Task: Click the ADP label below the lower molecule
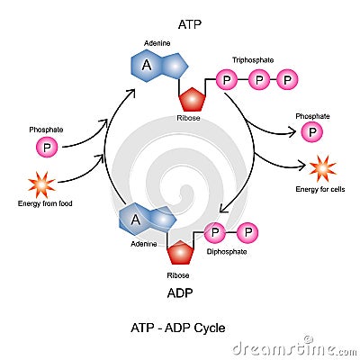click(180, 292)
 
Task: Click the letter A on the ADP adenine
click(136, 218)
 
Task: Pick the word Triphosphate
click(252, 60)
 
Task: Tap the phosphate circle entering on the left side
click(45, 147)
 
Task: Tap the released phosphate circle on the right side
click(312, 133)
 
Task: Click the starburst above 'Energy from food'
click(41, 184)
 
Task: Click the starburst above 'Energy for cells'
click(322, 168)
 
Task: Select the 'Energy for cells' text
click(321, 190)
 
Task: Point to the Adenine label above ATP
click(157, 43)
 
